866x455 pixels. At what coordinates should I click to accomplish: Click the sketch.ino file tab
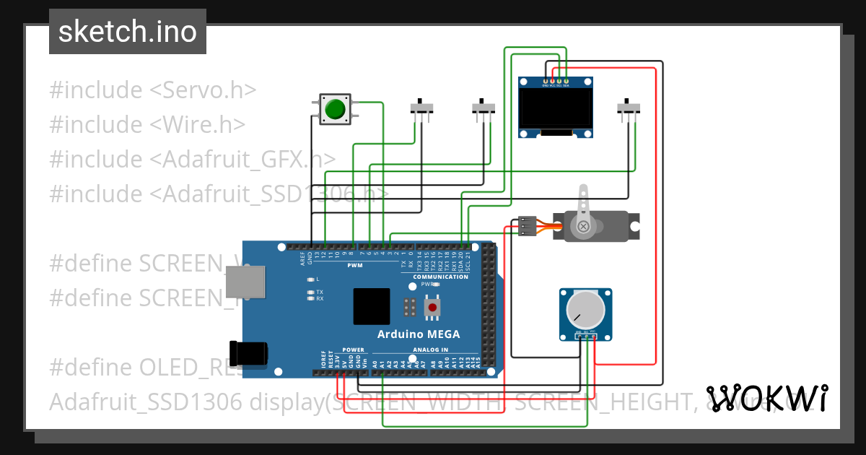[x=127, y=32]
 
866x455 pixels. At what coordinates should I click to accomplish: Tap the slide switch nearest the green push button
[x=421, y=108]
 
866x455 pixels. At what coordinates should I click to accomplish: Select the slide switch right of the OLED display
[x=629, y=108]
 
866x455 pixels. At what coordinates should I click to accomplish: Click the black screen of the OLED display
[x=556, y=106]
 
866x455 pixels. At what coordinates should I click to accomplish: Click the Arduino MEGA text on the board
[x=419, y=334]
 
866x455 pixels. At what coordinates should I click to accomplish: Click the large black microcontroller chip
[x=372, y=306]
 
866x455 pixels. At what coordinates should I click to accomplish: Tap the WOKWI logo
[x=766, y=398]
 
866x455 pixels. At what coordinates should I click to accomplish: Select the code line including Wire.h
[x=147, y=125]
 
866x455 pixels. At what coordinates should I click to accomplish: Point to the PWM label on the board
[x=355, y=266]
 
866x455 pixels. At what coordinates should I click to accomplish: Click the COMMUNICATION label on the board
[x=440, y=277]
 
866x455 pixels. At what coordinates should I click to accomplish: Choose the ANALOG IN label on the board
[x=431, y=350]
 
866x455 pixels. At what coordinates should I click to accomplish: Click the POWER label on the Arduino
[x=354, y=350]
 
